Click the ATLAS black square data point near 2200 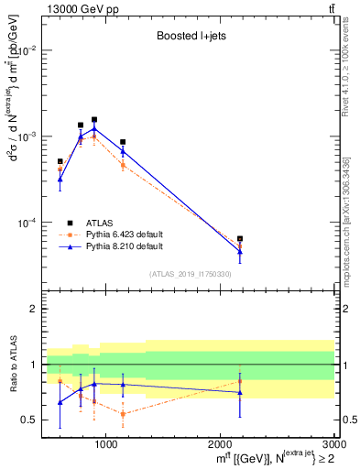(240, 239)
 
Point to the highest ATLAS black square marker (94, 119)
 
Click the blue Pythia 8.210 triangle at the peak (94, 129)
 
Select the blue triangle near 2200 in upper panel (240, 251)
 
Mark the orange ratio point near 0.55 (123, 414)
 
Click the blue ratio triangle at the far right (240, 392)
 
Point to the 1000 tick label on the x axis (106, 444)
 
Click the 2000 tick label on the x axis (221, 444)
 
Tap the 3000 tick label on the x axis (333, 444)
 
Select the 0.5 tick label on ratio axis (30, 420)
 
